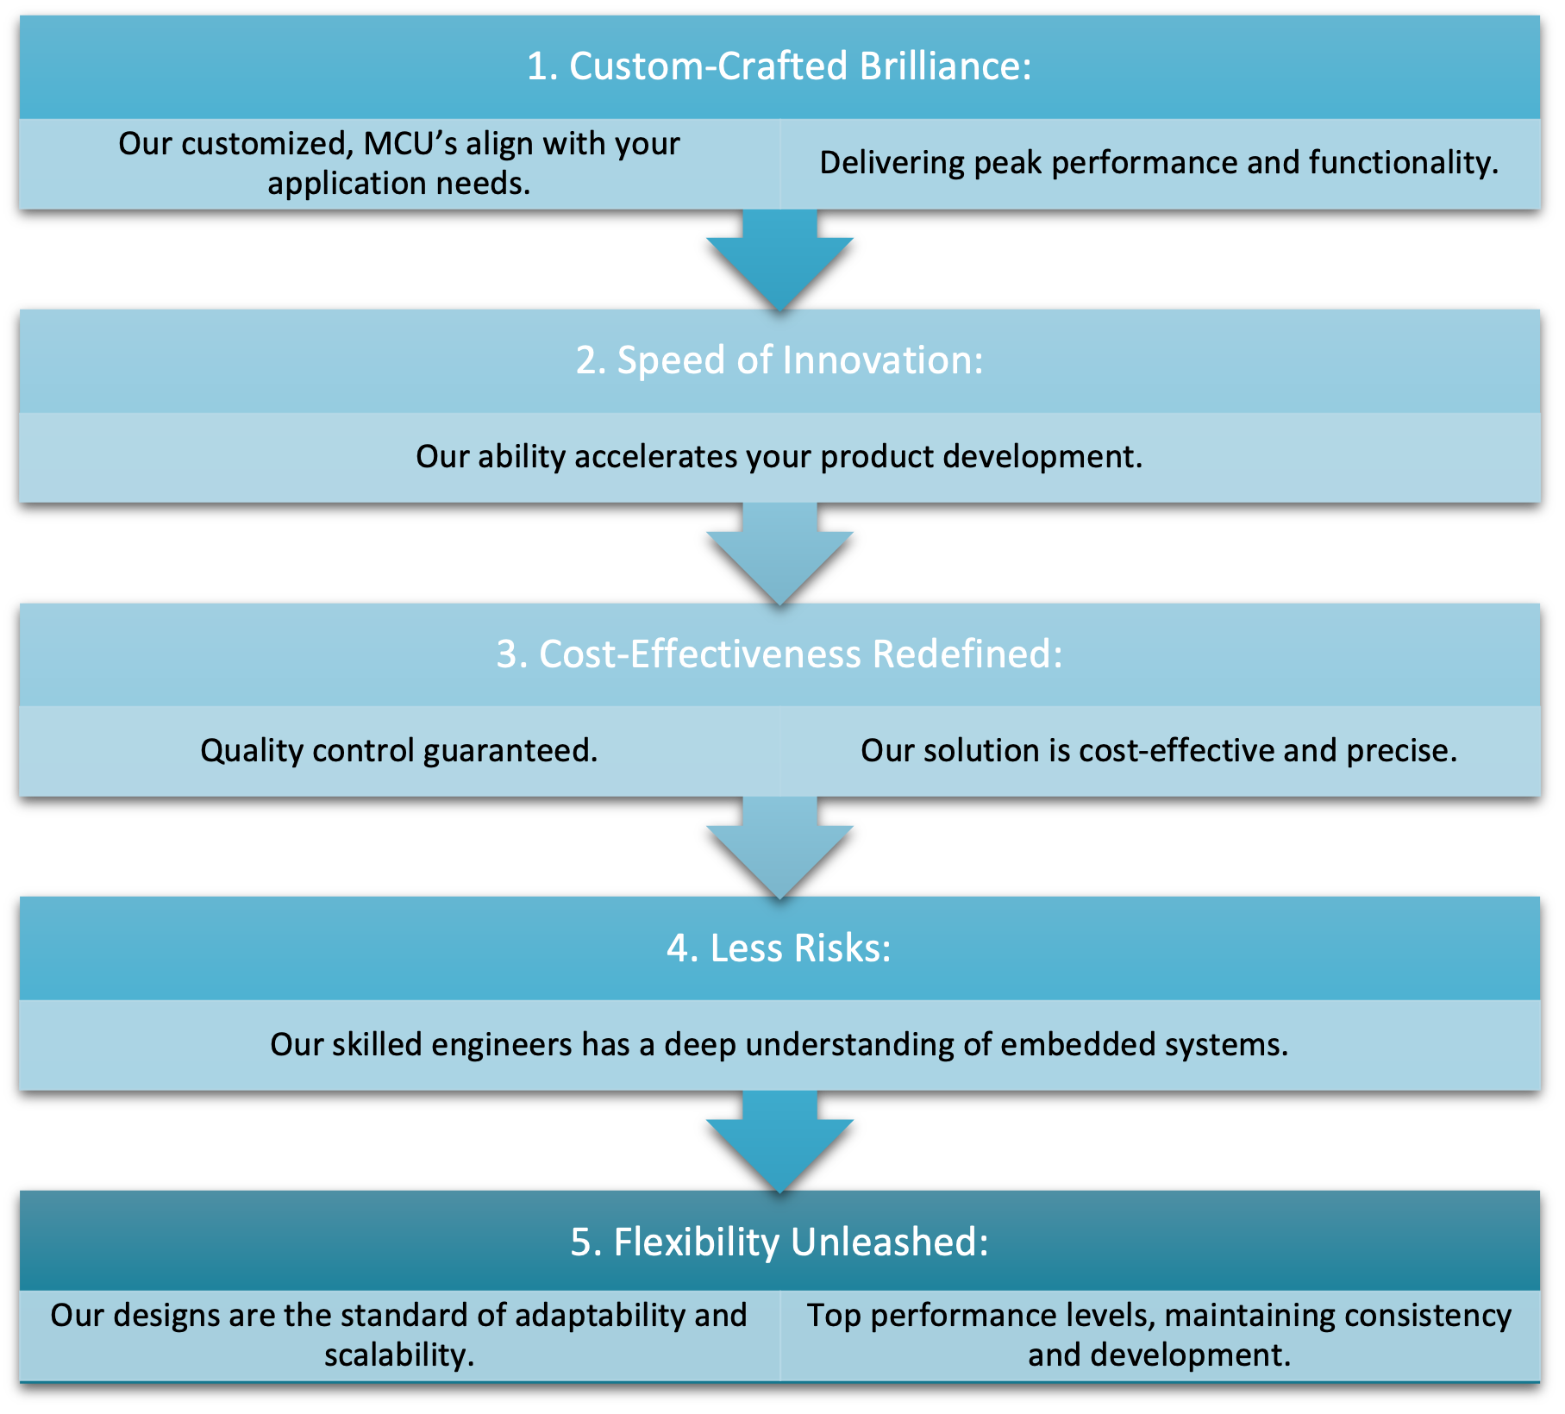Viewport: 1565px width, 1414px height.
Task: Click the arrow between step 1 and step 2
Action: [779, 259]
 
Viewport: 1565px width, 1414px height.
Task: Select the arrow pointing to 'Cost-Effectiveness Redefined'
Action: [779, 553]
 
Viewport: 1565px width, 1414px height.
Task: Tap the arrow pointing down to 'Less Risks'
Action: [779, 847]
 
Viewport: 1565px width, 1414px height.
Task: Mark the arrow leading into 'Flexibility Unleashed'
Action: [779, 1141]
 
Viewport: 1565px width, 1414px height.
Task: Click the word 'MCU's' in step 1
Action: [410, 144]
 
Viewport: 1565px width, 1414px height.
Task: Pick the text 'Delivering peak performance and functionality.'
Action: [1159, 163]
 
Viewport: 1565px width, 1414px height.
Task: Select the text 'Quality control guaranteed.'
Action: [398, 751]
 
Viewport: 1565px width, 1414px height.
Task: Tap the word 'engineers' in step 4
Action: [501, 1045]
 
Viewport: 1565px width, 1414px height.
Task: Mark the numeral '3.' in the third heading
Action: [511, 654]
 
